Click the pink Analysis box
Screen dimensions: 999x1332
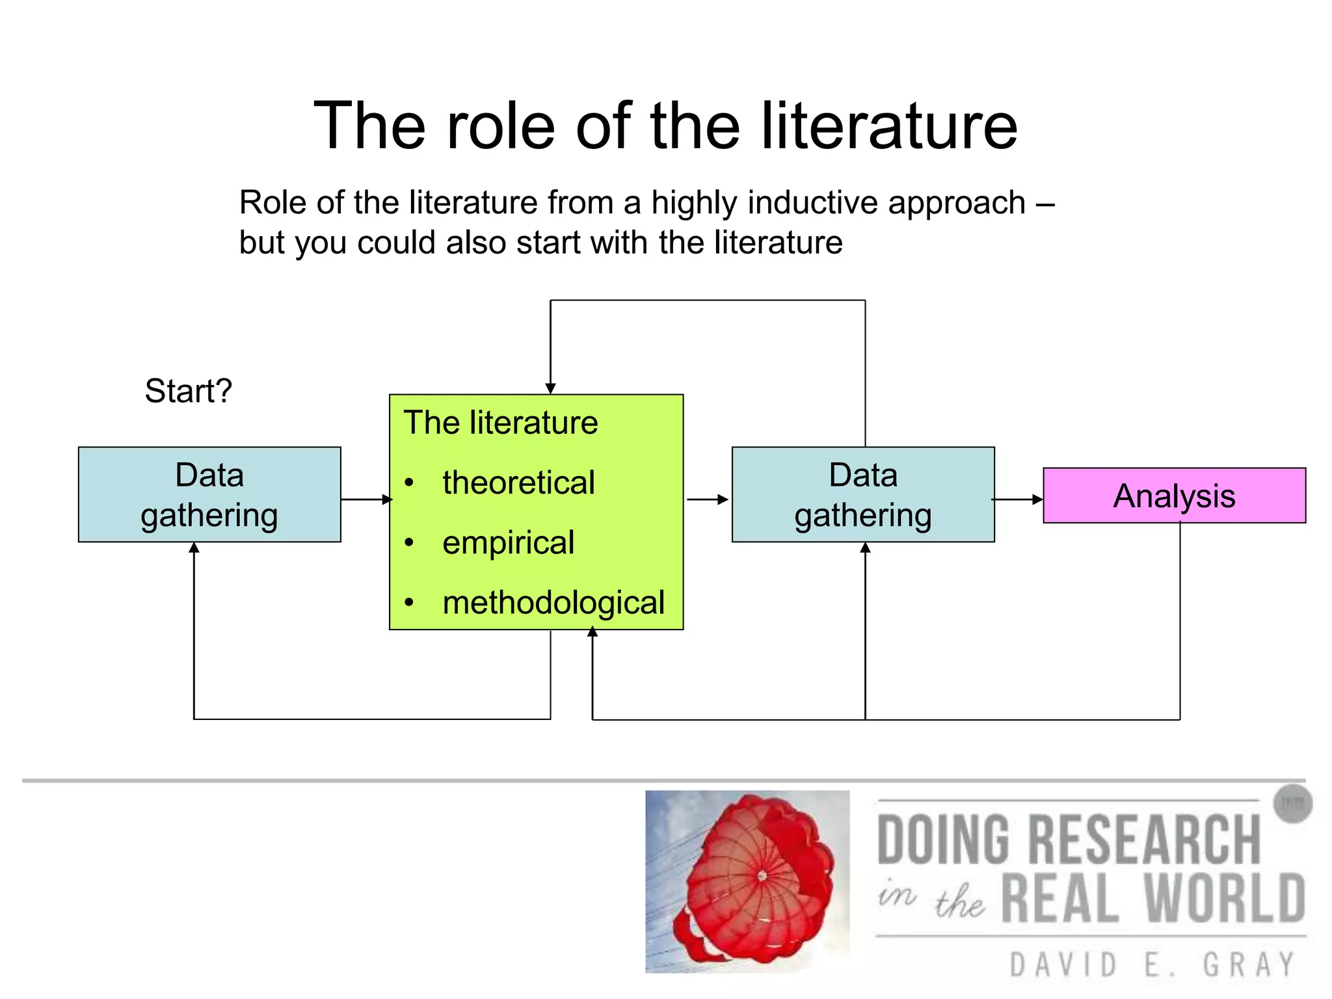pos(1174,496)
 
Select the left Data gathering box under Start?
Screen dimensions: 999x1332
pos(209,494)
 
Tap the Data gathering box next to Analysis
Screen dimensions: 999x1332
pos(863,494)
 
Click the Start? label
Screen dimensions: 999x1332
pos(188,391)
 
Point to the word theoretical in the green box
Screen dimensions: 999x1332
pos(518,483)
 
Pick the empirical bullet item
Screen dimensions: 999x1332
pos(508,542)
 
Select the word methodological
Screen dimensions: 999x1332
pos(553,602)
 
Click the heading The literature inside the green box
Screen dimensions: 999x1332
pos(500,423)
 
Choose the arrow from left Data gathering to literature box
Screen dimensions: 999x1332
pos(366,499)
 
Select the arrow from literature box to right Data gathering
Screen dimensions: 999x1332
pos(708,499)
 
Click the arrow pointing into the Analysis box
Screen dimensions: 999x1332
pos(1019,499)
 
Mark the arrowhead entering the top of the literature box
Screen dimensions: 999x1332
pos(550,388)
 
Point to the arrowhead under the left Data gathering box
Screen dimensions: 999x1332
pos(194,548)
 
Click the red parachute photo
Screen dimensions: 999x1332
pos(747,881)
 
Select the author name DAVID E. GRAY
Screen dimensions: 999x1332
pos(1152,964)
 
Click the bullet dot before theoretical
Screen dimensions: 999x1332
pos(408,483)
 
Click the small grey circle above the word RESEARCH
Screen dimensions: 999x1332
pos(1292,804)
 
